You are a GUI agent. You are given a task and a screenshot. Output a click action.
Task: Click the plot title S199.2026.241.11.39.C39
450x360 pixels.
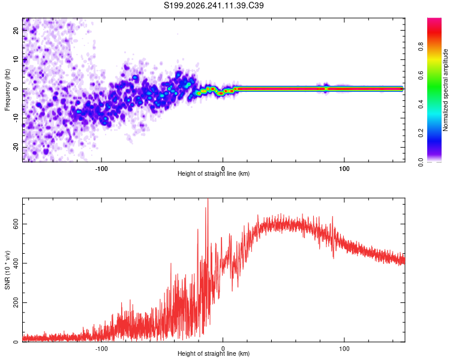214,5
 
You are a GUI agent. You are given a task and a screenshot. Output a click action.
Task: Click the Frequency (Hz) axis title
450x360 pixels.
7,90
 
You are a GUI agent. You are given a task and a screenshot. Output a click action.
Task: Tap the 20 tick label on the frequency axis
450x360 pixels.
16,30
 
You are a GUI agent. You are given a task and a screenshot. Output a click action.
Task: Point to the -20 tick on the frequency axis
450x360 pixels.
16,148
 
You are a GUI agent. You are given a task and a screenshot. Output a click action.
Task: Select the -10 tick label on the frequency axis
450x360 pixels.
16,118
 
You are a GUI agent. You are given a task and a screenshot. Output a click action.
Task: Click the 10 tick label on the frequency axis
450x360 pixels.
16,59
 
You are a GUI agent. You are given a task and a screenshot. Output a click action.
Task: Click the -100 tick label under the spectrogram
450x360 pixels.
101,169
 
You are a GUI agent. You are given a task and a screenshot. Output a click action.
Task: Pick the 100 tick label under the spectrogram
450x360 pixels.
344,169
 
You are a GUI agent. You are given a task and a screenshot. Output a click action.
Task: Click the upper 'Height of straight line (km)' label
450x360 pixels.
214,173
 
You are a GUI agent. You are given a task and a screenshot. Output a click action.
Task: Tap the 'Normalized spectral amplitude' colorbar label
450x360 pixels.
445,90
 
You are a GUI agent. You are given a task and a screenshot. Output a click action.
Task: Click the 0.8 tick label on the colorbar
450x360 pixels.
421,46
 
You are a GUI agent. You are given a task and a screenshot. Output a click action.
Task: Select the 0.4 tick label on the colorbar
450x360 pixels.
421,104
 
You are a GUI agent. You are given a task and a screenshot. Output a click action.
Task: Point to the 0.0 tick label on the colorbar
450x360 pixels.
421,162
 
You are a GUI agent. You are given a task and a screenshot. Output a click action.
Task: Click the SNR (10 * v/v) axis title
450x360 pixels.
7,270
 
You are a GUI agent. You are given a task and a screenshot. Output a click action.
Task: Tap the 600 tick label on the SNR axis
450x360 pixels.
16,224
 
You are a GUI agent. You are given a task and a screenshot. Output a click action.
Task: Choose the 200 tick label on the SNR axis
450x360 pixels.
16,302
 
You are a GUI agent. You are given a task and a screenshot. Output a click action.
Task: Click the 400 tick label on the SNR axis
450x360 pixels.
16,263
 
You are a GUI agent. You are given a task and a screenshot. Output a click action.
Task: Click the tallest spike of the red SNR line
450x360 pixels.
208,199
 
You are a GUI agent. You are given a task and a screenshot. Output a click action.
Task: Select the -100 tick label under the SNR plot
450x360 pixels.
101,349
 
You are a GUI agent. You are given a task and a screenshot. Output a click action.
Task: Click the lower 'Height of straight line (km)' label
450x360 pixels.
214,353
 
